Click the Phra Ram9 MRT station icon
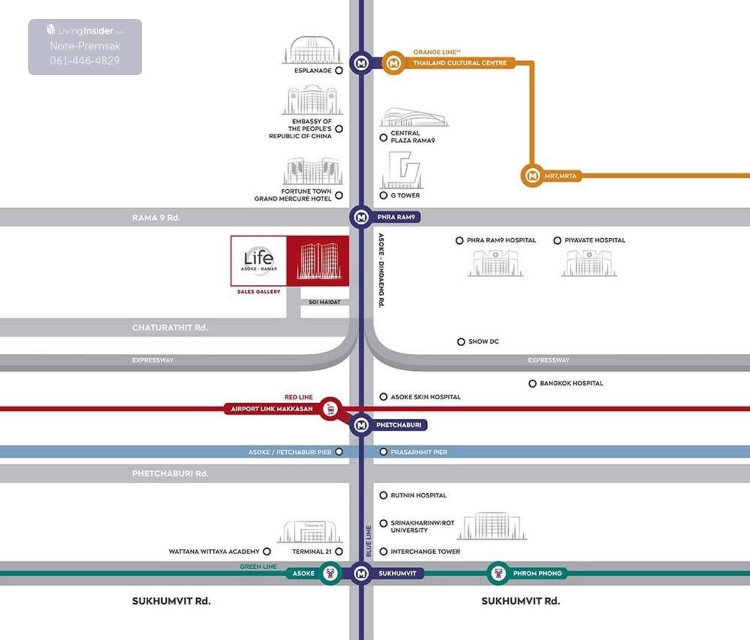pyautogui.click(x=361, y=217)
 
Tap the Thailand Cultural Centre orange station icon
pyautogui.click(x=394, y=63)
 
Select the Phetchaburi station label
pyautogui.click(x=399, y=425)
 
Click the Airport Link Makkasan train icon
pyautogui.click(x=331, y=409)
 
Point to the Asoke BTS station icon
pyautogui.click(x=330, y=573)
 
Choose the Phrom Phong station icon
pyautogui.click(x=498, y=573)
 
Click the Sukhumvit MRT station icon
pyautogui.click(x=361, y=573)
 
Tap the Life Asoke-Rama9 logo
pyautogui.click(x=259, y=260)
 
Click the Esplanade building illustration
pyautogui.click(x=311, y=50)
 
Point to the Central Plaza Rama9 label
pyautogui.click(x=412, y=137)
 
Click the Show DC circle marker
pyautogui.click(x=461, y=342)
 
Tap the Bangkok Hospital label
pyautogui.click(x=571, y=383)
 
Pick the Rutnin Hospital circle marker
pyautogui.click(x=384, y=496)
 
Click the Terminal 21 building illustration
pyautogui.click(x=311, y=532)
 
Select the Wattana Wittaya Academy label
pyautogui.click(x=214, y=552)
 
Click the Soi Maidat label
pyautogui.click(x=324, y=302)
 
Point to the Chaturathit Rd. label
pyautogui.click(x=169, y=327)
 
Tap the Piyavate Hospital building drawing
pyautogui.click(x=589, y=263)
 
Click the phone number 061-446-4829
pyautogui.click(x=85, y=61)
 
